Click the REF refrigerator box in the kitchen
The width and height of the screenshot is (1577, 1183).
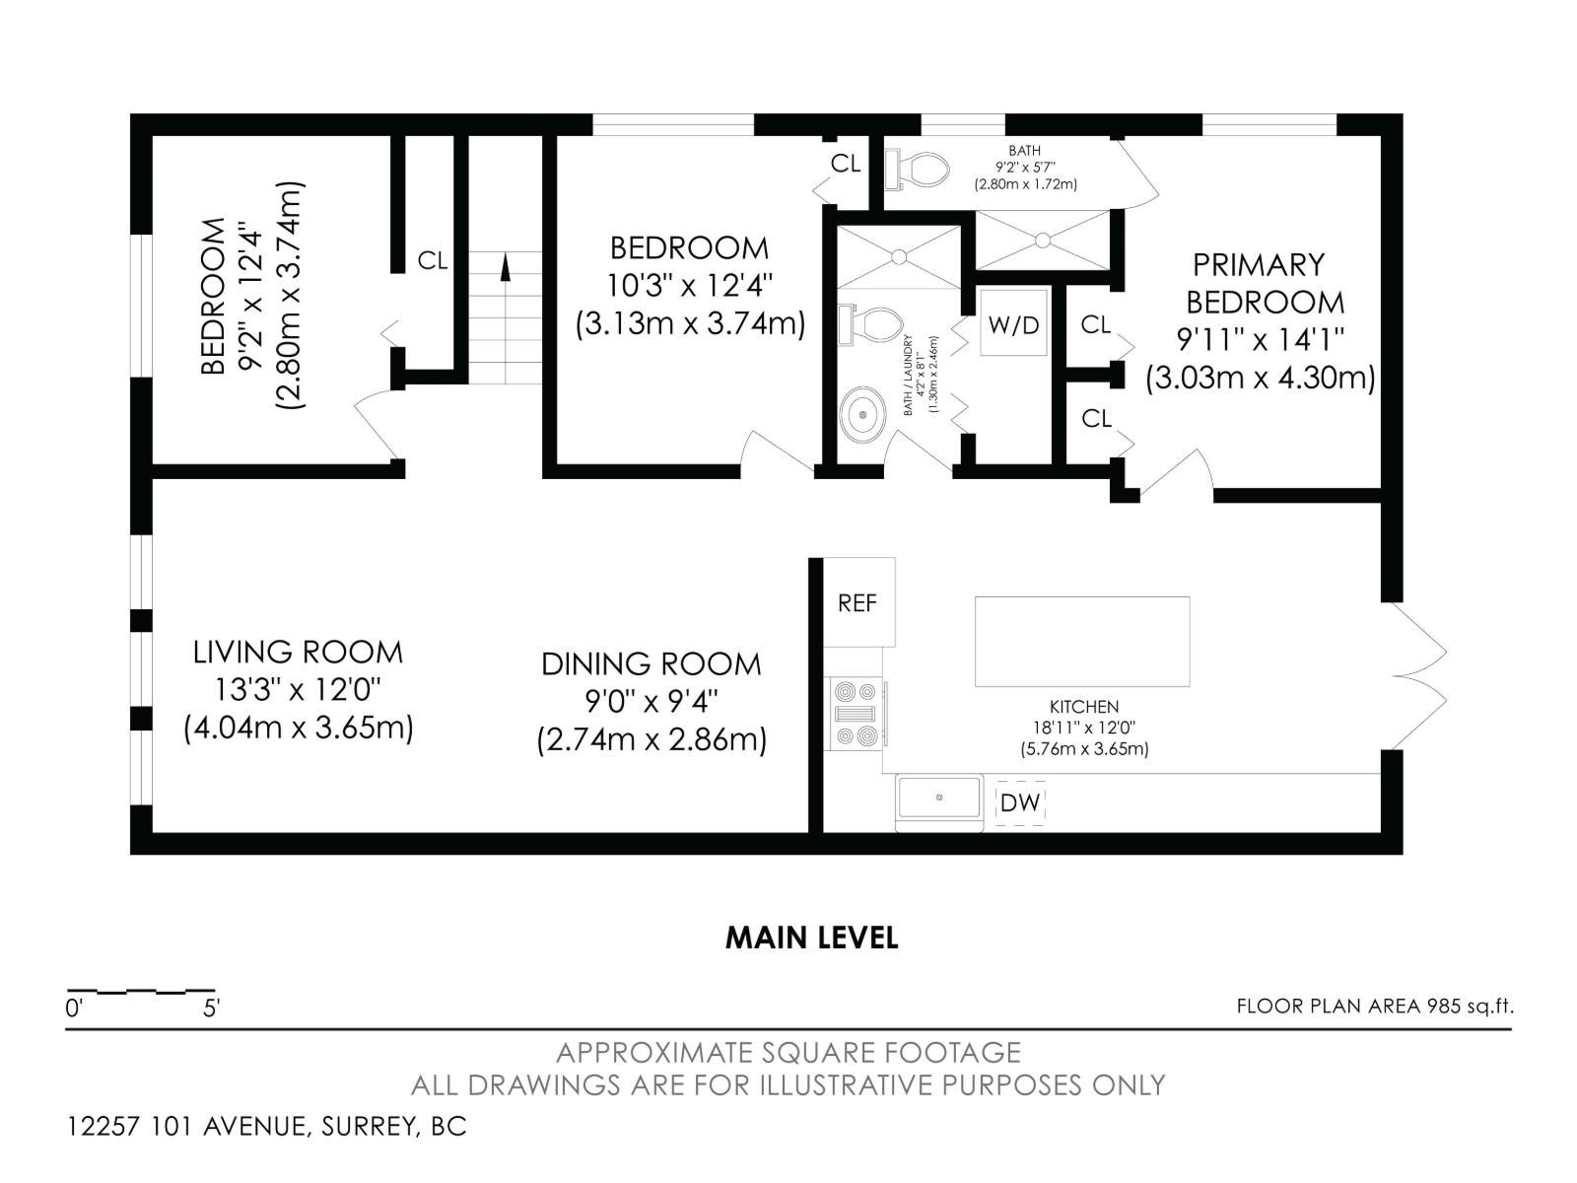[x=857, y=602]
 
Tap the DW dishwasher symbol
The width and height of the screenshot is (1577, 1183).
[x=1020, y=802]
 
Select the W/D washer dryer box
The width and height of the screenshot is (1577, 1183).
[x=1014, y=325]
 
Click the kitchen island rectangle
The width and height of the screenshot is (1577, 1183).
[x=1081, y=641]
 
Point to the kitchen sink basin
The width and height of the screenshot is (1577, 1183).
[x=939, y=797]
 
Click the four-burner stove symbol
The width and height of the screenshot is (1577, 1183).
[x=856, y=714]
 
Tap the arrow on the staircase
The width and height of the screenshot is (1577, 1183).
[x=506, y=268]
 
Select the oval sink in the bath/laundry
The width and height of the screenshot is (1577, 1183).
[x=864, y=416]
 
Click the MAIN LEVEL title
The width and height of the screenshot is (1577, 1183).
[x=811, y=938]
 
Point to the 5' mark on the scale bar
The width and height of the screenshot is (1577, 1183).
[x=212, y=1009]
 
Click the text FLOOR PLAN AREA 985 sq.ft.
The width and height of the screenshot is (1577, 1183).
[x=1374, y=1007]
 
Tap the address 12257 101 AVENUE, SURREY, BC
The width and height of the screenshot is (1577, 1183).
[x=266, y=1126]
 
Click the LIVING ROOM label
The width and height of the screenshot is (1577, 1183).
[x=298, y=652]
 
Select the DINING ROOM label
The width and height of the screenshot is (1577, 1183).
[x=651, y=663]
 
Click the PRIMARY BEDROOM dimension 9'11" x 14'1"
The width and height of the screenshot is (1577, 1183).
[x=1261, y=340]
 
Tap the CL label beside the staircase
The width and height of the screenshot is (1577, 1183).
[x=432, y=261]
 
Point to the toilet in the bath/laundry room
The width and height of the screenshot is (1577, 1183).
[x=871, y=325]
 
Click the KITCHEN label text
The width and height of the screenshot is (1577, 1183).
[x=1083, y=707]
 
